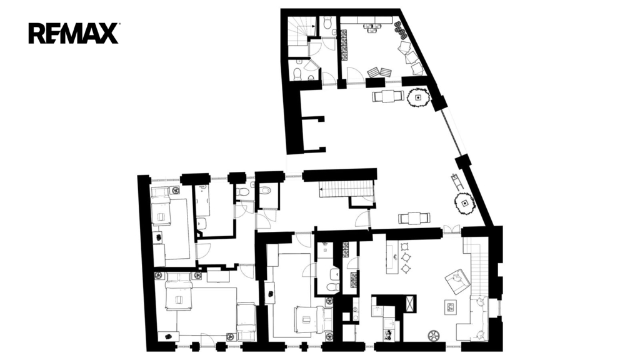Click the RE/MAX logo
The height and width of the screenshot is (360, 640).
(x=74, y=34)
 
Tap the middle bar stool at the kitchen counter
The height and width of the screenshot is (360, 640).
(x=406, y=257)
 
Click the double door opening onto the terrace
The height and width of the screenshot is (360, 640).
(x=452, y=229)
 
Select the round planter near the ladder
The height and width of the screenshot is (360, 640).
(x=464, y=204)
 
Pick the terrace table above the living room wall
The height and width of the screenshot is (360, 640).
(x=414, y=218)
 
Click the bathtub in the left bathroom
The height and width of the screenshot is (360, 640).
(x=202, y=201)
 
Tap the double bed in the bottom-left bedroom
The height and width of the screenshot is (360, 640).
(x=178, y=292)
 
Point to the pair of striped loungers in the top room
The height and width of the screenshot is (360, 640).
(x=379, y=72)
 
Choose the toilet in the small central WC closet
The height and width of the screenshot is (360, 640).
(x=265, y=190)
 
